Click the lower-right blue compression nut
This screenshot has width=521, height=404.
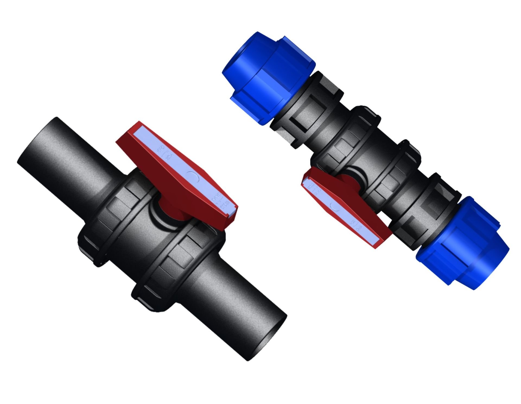[x=461, y=241]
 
